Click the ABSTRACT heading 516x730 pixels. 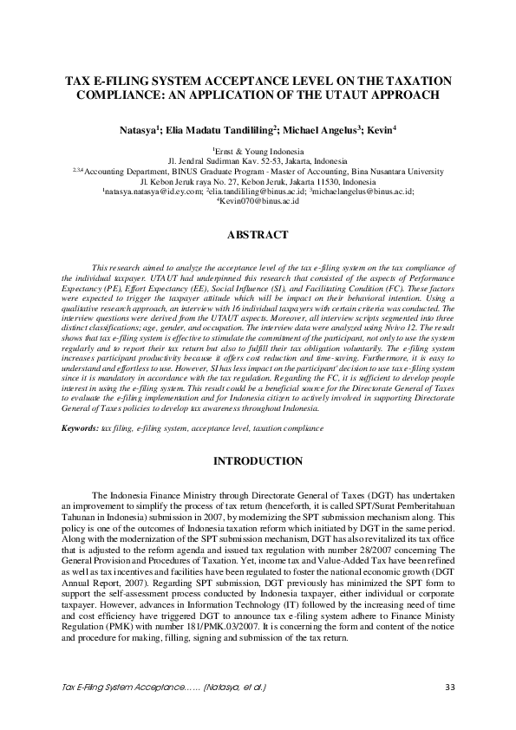[258, 234]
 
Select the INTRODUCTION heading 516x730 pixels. [258, 460]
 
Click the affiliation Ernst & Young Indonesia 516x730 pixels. [258, 152]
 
